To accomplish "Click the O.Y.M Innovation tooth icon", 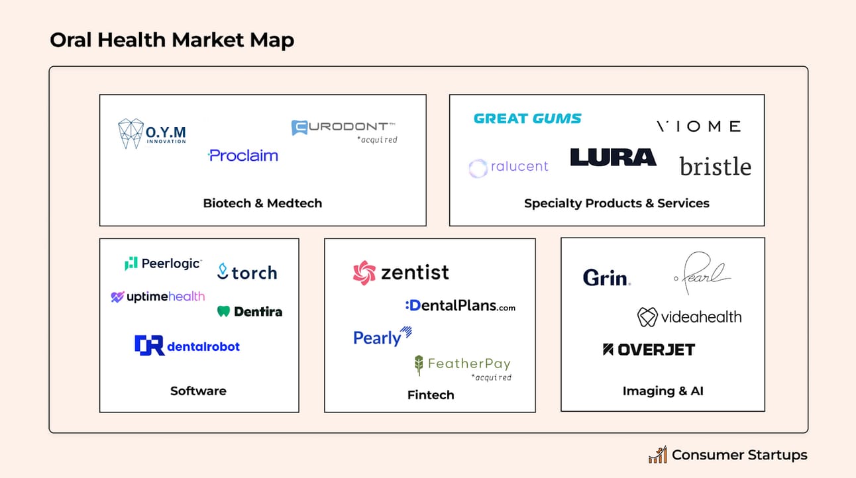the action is pos(131,133).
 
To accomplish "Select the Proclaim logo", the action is pos(243,156).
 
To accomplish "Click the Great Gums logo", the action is pos(527,119).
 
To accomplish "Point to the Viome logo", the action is pos(699,126).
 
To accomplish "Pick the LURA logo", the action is pos(614,158).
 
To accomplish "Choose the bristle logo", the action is pos(716,166).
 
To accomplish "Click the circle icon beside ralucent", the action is pos(478,168).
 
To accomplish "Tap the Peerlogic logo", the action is pos(163,263).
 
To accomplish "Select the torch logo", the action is pos(247,272).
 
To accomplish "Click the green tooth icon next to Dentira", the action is pos(223,311).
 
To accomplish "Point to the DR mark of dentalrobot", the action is pos(150,345).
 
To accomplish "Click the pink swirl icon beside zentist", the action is pos(364,273).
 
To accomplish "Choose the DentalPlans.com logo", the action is pos(460,305).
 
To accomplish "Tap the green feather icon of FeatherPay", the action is pos(419,365).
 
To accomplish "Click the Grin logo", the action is pos(606,277).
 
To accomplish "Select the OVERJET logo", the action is pos(649,350).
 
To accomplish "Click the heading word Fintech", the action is pos(431,395).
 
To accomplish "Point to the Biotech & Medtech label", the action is pos(262,203).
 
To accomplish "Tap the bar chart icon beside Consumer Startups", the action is pos(658,454).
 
